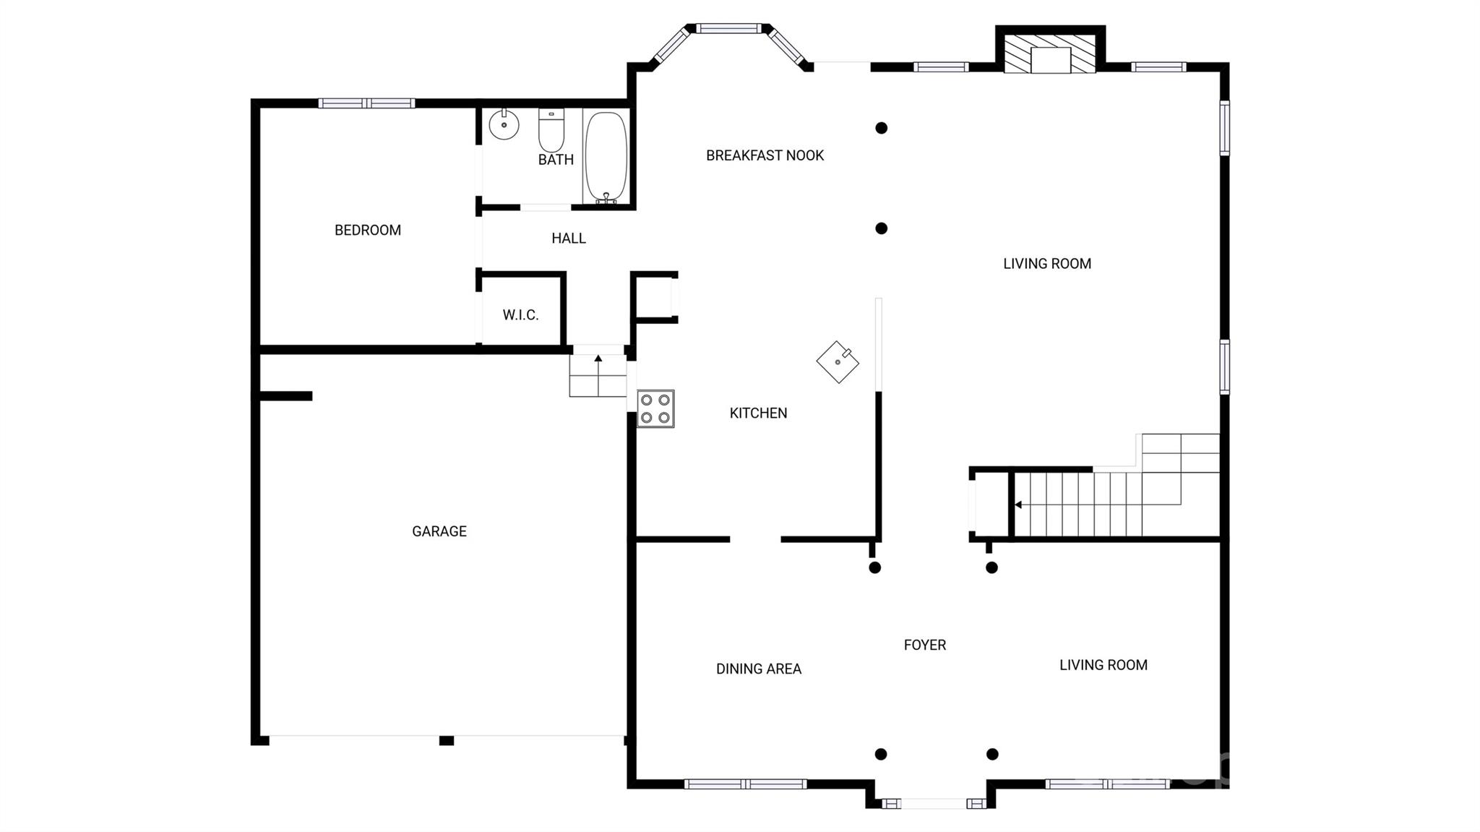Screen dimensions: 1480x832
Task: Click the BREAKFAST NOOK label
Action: (x=765, y=155)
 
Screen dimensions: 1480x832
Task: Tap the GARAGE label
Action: (x=439, y=531)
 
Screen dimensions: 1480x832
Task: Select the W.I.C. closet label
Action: (x=520, y=315)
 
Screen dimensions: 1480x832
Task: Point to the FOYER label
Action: (x=925, y=645)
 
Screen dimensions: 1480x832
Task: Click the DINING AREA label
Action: (x=759, y=669)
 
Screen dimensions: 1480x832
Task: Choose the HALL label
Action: (x=569, y=239)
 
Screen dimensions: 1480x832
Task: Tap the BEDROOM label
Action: (x=368, y=231)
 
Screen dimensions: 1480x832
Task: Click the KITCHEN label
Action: (x=758, y=413)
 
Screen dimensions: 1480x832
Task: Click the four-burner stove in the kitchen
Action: (x=655, y=409)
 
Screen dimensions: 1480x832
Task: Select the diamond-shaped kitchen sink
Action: (x=838, y=362)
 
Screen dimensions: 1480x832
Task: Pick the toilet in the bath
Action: (x=551, y=130)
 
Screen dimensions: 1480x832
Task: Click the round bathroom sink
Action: (x=504, y=125)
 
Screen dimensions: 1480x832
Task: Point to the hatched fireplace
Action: (x=1051, y=53)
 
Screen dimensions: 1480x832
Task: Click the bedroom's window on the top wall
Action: (x=367, y=103)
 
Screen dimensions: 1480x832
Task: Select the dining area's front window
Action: (x=745, y=784)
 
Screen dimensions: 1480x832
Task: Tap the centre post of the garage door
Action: (x=447, y=741)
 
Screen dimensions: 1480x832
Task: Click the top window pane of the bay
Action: (x=728, y=28)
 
